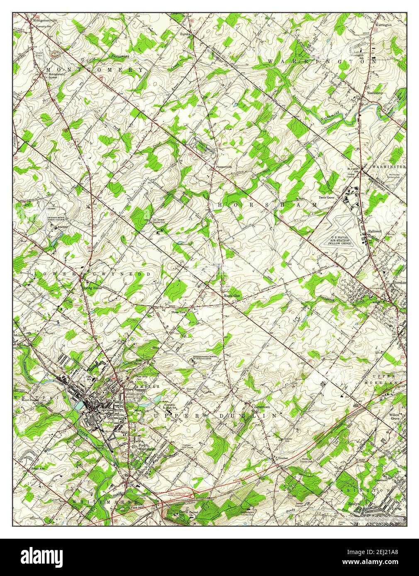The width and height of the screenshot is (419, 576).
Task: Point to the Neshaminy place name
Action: tap(375, 93)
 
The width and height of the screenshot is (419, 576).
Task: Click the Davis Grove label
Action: tap(326, 198)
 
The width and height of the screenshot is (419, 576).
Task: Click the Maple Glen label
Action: tap(232, 296)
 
